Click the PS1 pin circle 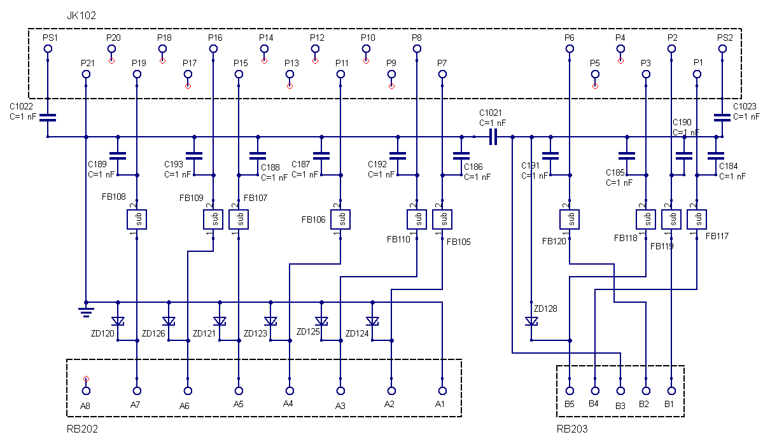48,49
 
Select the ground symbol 86,310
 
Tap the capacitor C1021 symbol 493,137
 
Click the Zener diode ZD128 531,321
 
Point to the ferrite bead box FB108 137,219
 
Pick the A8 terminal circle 86,391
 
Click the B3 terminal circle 620,391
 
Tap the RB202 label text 82,429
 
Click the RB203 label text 571,429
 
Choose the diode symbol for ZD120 118,321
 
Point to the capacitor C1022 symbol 48,118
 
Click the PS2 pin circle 722,49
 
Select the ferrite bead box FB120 570,219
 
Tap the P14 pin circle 264,49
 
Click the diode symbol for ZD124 372,321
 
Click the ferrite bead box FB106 340,219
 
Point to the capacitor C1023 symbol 722,118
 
